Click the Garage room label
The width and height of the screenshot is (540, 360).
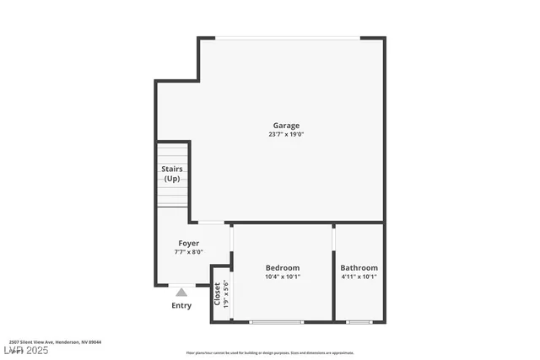pyautogui.click(x=285, y=126)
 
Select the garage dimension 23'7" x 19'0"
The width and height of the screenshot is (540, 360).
pyautogui.click(x=285, y=134)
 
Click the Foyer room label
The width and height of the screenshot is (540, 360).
pyautogui.click(x=188, y=243)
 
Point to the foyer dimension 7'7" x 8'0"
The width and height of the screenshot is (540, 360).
pyautogui.click(x=188, y=252)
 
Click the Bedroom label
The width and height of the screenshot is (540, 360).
pyautogui.click(x=282, y=267)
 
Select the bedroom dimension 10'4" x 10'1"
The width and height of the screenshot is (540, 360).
pyautogui.click(x=282, y=277)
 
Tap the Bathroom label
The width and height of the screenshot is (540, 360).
pyautogui.click(x=359, y=267)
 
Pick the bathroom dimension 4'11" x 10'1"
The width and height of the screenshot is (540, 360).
pyautogui.click(x=359, y=277)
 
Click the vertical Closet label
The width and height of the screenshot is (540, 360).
pyautogui.click(x=217, y=293)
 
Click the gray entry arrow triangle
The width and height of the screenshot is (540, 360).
pyautogui.click(x=181, y=292)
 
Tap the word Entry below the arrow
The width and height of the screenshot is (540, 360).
pyautogui.click(x=181, y=305)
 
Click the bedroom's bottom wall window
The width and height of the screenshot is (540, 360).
pyautogui.click(x=276, y=322)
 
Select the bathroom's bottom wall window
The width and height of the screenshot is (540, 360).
pyautogui.click(x=359, y=322)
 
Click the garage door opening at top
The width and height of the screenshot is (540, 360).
pyautogui.click(x=281, y=38)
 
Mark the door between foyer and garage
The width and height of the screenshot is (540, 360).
pyautogui.click(x=211, y=223)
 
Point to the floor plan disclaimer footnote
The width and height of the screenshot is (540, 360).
pyautogui.click(x=270, y=353)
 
